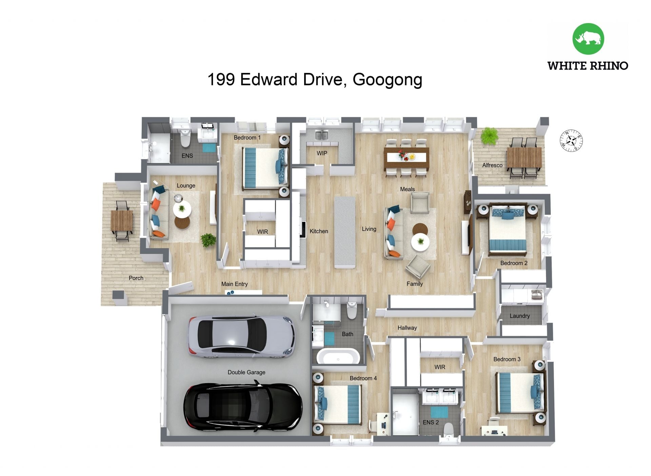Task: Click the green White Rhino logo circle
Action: [x=588, y=39]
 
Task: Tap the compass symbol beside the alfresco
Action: [x=571, y=140]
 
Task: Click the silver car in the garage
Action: [x=241, y=337]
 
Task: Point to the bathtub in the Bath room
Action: [x=338, y=356]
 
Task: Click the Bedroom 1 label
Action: [x=247, y=138]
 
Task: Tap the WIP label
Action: [x=322, y=153]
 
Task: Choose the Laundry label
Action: [x=519, y=316]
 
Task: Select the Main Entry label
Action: [x=234, y=284]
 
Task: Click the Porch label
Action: [x=136, y=278]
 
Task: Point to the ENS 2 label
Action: [x=431, y=422]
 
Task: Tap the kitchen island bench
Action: [x=345, y=232]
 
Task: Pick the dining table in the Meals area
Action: [x=407, y=158]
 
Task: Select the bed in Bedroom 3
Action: [x=521, y=393]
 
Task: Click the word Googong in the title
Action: [x=388, y=80]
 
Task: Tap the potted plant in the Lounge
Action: [x=208, y=240]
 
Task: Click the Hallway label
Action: [x=407, y=328]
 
